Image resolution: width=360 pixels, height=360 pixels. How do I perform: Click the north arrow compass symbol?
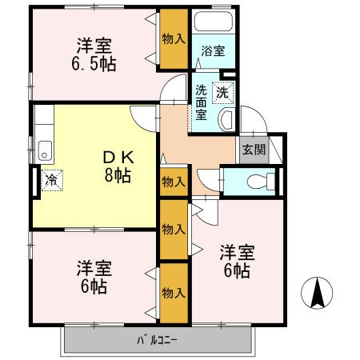(317, 293)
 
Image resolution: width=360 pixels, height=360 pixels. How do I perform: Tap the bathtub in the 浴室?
(214, 21)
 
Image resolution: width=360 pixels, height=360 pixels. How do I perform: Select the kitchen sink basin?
(45, 151)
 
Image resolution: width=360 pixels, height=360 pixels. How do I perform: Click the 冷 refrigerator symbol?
(52, 180)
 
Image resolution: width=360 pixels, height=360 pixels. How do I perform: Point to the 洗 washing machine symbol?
(222, 93)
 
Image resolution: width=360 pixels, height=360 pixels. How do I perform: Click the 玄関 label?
(254, 150)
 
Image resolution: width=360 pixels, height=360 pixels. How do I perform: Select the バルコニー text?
(157, 340)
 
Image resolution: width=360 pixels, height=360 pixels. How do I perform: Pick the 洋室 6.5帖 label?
(94, 54)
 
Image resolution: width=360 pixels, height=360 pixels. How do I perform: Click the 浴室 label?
(213, 50)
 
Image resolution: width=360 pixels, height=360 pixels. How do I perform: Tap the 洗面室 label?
(201, 102)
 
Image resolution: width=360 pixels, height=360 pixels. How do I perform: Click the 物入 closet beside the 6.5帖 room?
(174, 39)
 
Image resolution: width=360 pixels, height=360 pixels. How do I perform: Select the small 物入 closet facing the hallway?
(174, 182)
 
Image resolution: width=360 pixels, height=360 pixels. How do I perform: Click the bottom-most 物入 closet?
(174, 294)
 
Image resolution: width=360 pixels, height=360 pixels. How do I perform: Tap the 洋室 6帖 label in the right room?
(237, 262)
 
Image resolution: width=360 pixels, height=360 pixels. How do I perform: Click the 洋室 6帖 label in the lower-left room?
(94, 277)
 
